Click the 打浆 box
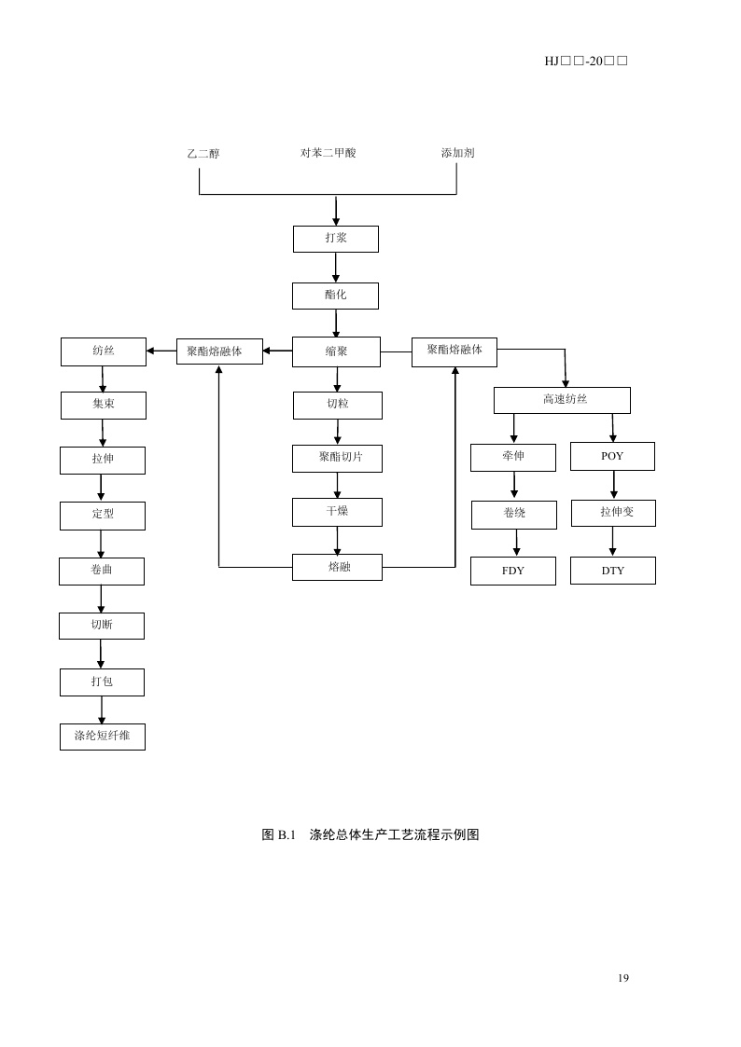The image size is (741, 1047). pyautogui.click(x=336, y=239)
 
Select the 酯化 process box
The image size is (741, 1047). pyautogui.click(x=335, y=296)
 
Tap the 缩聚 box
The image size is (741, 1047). pyautogui.click(x=336, y=351)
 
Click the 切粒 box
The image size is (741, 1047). pyautogui.click(x=337, y=406)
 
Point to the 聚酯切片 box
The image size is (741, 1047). pyautogui.click(x=337, y=459)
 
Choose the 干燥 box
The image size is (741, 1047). pyautogui.click(x=337, y=512)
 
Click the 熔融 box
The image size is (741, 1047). pyautogui.click(x=337, y=567)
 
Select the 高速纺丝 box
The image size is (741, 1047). pyautogui.click(x=562, y=400)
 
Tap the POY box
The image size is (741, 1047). pyautogui.click(x=612, y=457)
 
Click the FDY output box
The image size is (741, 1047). pyautogui.click(x=513, y=571)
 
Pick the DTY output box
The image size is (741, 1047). pyautogui.click(x=613, y=571)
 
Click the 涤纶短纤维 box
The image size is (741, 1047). pyautogui.click(x=103, y=737)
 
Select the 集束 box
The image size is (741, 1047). pyautogui.click(x=103, y=406)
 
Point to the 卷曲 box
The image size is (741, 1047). pyautogui.click(x=102, y=571)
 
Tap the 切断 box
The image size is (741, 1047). pyautogui.click(x=102, y=626)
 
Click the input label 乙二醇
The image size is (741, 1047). pyautogui.click(x=203, y=154)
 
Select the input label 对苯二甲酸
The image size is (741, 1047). pyautogui.click(x=328, y=153)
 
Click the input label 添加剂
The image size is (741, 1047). pyautogui.click(x=457, y=153)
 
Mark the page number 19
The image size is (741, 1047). pyautogui.click(x=623, y=978)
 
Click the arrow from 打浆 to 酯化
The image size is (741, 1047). pyautogui.click(x=336, y=268)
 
